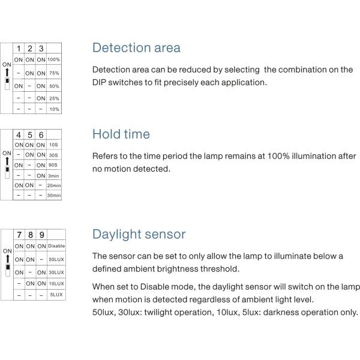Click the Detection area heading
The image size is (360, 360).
pyautogui.click(x=136, y=48)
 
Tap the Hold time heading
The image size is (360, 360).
pyautogui.click(x=121, y=134)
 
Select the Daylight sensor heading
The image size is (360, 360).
pyautogui.click(x=139, y=234)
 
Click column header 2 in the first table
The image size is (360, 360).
pyautogui.click(x=29, y=48)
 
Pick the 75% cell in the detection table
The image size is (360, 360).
pyautogui.click(x=53, y=73)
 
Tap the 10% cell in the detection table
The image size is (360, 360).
pyautogui.click(x=53, y=109)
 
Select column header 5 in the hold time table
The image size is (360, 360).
pyautogui.click(x=29, y=135)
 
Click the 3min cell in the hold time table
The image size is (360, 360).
pyautogui.click(x=54, y=175)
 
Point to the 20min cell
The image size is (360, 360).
pyautogui.click(x=54, y=185)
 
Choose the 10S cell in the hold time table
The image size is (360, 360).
pyautogui.click(x=54, y=145)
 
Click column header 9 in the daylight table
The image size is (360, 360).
pyautogui.click(x=41, y=235)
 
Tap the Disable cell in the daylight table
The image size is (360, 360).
pyautogui.click(x=56, y=246)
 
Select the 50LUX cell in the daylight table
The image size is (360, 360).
pyautogui.click(x=56, y=259)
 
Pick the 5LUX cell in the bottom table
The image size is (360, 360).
pyautogui.click(x=56, y=295)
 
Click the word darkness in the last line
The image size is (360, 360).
pyautogui.click(x=286, y=312)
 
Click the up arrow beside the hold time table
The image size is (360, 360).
pyautogui.click(x=7, y=161)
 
